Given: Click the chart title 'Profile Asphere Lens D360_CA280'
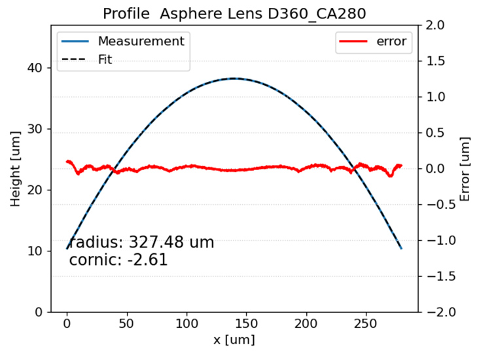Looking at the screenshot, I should pyautogui.click(x=234, y=14).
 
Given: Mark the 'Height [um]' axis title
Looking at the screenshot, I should pyautogui.click(x=15, y=168).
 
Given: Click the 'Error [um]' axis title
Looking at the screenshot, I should pyautogui.click(x=465, y=168).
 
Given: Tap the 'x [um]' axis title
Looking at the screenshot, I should pyautogui.click(x=234, y=340).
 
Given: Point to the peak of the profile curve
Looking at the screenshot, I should pyautogui.click(x=234, y=79).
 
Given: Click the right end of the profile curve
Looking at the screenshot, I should pyautogui.click(x=401, y=248).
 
